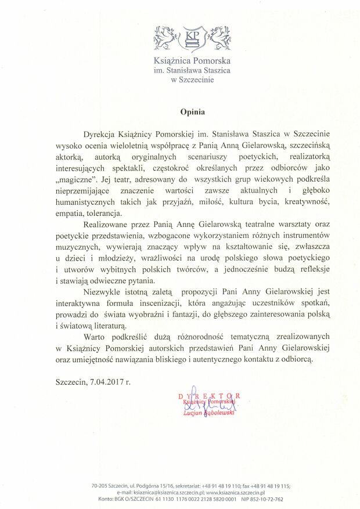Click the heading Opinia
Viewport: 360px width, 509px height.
[x=192, y=108]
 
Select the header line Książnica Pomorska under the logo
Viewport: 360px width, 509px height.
[x=192, y=60]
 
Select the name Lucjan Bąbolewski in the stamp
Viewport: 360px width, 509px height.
[x=208, y=412]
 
